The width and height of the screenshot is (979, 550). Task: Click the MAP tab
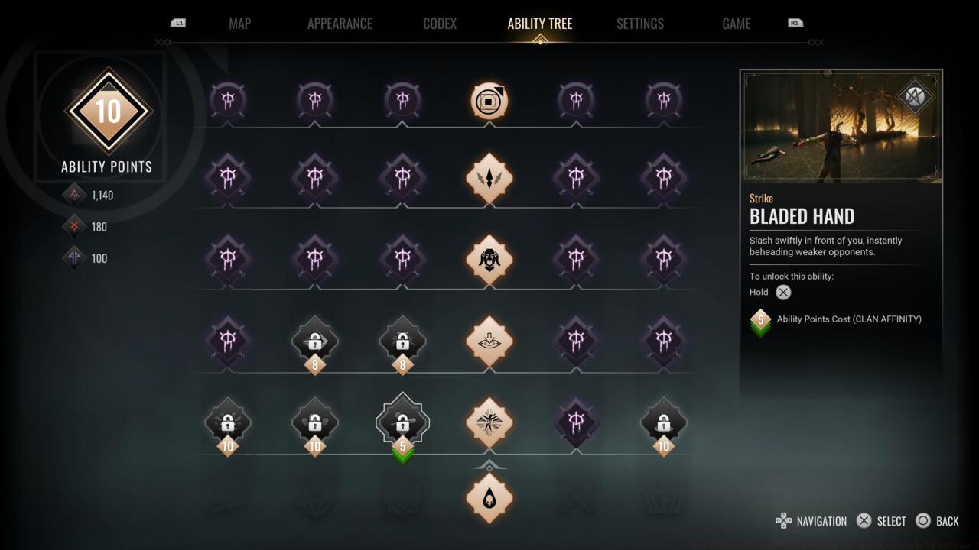[239, 24]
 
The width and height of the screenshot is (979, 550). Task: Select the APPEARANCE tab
[340, 24]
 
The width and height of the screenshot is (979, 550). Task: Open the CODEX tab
[440, 24]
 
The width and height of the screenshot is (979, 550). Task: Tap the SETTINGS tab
[639, 24]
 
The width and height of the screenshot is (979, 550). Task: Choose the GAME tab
[736, 24]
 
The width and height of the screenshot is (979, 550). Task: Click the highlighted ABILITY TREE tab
[539, 24]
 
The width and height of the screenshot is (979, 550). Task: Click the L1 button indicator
[178, 23]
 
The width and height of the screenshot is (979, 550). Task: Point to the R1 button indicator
[795, 23]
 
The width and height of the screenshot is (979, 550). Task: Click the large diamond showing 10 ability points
[108, 112]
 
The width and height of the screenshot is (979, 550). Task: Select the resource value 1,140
[102, 196]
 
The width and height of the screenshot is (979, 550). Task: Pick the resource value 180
[99, 227]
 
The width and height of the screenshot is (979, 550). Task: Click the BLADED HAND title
[802, 217]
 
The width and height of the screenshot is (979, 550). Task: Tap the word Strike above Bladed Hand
[761, 199]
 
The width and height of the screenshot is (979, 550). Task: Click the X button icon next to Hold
[783, 292]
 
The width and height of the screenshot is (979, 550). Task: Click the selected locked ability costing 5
[402, 421]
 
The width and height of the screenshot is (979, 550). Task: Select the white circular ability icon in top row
[489, 101]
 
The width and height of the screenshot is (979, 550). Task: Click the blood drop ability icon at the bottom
[489, 498]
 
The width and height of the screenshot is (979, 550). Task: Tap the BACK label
[947, 521]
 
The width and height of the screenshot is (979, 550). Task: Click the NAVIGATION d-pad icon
[783, 521]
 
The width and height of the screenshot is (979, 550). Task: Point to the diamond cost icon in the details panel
[760, 321]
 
